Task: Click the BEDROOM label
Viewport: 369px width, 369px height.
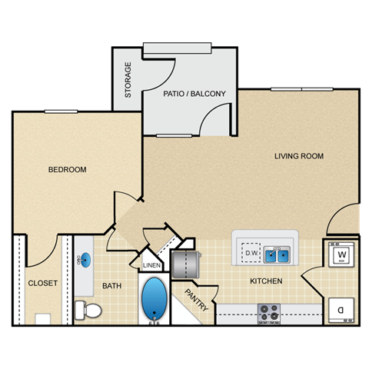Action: [x=67, y=170]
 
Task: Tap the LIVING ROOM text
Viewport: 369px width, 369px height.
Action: [x=299, y=156]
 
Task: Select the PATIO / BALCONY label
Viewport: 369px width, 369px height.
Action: [x=194, y=95]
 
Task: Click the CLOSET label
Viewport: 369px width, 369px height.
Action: [x=42, y=283]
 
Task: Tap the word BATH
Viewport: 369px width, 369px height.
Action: [x=112, y=286]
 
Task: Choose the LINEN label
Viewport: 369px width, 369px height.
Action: [x=151, y=266]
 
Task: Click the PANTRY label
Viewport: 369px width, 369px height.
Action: [x=196, y=301]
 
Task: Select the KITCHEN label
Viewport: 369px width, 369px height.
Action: [x=266, y=281]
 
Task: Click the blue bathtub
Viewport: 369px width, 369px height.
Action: [x=155, y=300]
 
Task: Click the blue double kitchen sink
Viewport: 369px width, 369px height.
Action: [x=277, y=254]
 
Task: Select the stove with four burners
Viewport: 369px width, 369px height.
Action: [x=268, y=313]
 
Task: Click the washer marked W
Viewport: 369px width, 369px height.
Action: [x=341, y=254]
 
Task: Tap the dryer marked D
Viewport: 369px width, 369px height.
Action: [x=341, y=309]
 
